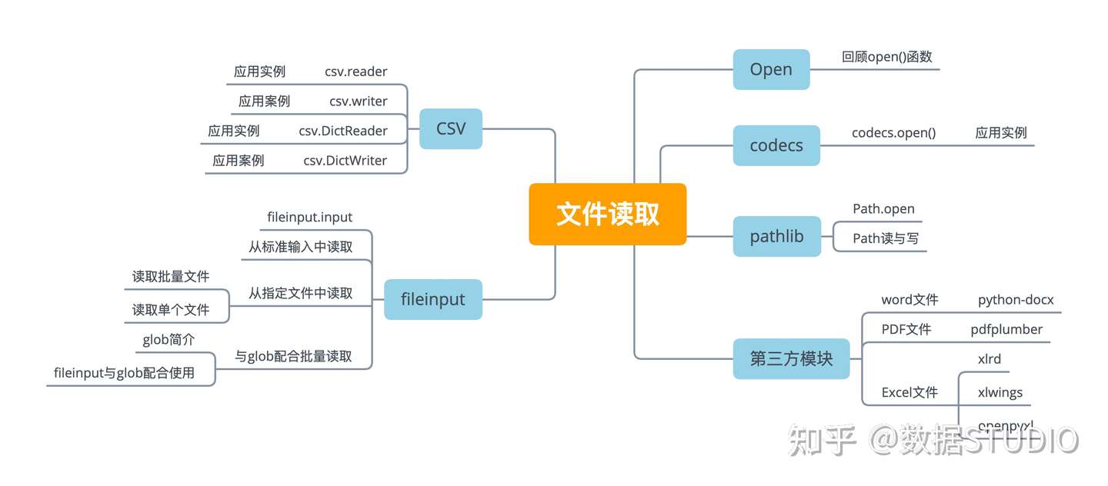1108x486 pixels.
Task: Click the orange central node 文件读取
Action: [x=607, y=215]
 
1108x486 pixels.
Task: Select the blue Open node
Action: [x=771, y=69]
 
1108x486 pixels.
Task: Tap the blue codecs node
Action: [x=776, y=145]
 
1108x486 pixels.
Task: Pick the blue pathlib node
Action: [x=776, y=236]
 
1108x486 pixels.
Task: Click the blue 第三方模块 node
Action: [x=791, y=358]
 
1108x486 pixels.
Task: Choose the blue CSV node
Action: [x=451, y=128]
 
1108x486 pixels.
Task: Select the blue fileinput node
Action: [x=433, y=299]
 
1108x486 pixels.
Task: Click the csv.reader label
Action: [x=355, y=72]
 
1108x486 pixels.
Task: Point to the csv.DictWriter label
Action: [x=345, y=161]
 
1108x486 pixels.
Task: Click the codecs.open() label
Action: [x=893, y=132]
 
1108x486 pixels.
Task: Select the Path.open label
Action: [x=883, y=209]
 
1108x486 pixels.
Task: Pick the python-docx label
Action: [x=1016, y=300]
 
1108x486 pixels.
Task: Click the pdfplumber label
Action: [x=1006, y=330]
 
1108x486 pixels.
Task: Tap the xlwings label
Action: [x=1000, y=392]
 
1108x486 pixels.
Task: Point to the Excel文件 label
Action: [x=909, y=392]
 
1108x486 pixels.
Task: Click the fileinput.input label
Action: [x=309, y=218]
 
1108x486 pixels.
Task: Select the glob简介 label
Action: [x=169, y=340]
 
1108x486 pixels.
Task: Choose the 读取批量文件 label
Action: [x=171, y=277]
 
